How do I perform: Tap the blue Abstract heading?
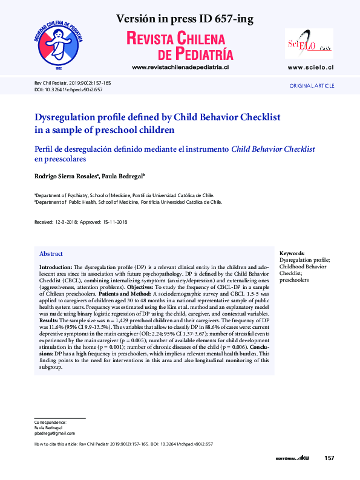click(x=51, y=254)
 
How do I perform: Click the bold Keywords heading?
click(x=292, y=253)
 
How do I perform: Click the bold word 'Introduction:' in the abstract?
click(x=56, y=267)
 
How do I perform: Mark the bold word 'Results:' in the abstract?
click(x=50, y=319)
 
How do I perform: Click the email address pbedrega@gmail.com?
click(x=54, y=433)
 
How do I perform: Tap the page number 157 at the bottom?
click(x=329, y=458)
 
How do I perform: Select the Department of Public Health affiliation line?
click(x=128, y=203)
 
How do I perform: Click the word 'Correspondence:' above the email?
click(x=50, y=422)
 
